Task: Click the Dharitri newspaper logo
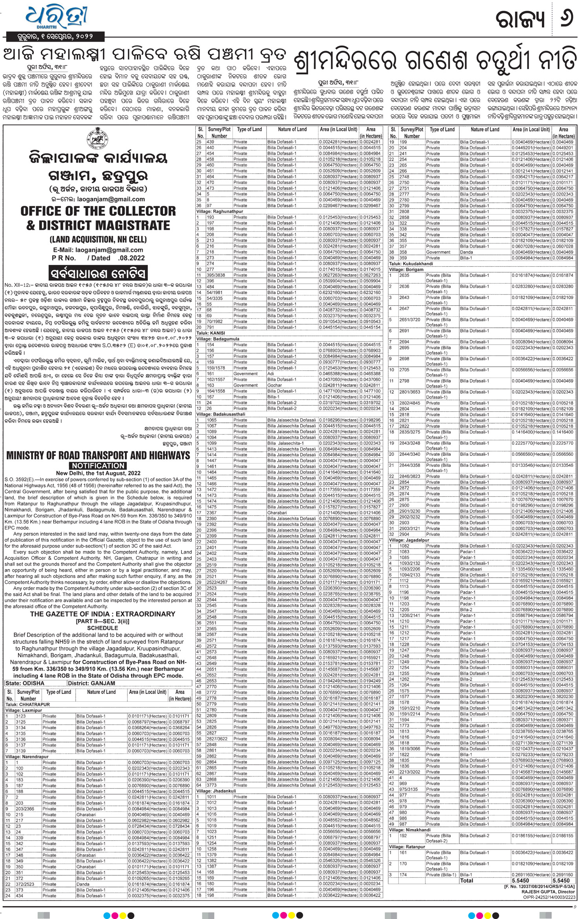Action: [x=57, y=18]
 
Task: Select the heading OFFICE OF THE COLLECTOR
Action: [x=98, y=211]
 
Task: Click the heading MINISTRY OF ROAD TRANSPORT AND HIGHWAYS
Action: [x=98, y=455]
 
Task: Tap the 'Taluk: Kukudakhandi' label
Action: [x=411, y=264]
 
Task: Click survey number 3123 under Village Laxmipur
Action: [x=21, y=716]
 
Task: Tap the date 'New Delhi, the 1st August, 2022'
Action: [x=98, y=473]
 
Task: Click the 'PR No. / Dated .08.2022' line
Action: [x=98, y=258]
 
